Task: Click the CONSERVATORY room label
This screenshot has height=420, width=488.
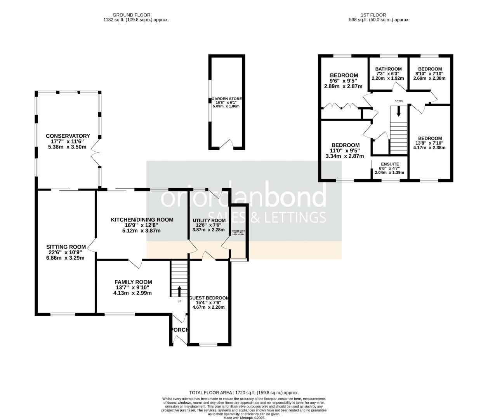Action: coord(68,136)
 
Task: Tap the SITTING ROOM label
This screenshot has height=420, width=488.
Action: coord(66,247)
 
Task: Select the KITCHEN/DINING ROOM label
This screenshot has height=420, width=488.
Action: coord(142,220)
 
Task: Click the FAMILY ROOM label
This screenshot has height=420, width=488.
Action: coord(133,282)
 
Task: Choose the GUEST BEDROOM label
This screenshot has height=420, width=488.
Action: coord(208,298)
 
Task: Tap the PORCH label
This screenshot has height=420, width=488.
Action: coord(179,330)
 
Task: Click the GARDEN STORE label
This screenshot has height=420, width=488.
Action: coord(226,99)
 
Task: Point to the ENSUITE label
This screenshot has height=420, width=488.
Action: coord(389,164)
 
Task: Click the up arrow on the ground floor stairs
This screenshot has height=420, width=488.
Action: coord(179,291)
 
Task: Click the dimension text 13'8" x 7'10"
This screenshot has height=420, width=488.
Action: coord(430,143)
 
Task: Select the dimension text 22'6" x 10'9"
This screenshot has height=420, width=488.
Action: coord(66,252)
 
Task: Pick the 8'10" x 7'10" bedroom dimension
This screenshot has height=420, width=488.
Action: coord(429,73)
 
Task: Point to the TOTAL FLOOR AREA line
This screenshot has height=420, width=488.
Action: coord(244,393)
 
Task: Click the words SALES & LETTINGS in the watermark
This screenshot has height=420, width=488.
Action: coord(267,217)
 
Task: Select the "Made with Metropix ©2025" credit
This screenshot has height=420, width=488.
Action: coord(244,418)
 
